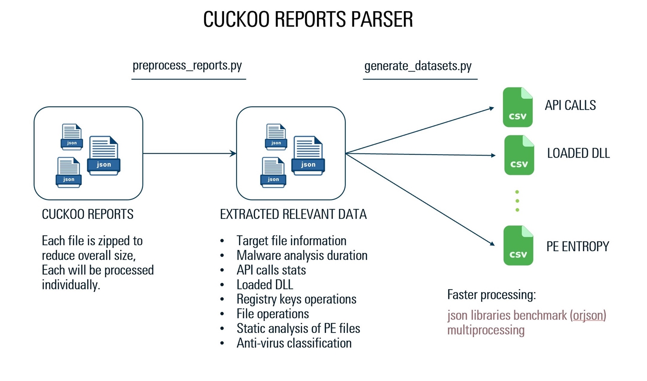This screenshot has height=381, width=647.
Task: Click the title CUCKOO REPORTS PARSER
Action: [308, 20]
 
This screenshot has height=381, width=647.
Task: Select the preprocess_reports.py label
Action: [187, 66]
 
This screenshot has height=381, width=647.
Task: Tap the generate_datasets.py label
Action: [418, 66]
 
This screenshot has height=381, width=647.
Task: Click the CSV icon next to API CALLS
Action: [518, 107]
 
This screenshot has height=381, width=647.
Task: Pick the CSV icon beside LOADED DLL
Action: [519, 155]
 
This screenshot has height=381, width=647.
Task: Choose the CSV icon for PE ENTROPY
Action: [518, 245]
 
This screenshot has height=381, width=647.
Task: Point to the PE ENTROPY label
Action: [577, 247]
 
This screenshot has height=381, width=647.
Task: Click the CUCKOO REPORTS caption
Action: [88, 215]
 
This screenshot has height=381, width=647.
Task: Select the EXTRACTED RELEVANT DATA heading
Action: [293, 215]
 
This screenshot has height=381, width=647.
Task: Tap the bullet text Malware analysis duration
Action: [302, 255]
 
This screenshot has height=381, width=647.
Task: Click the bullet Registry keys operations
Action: [296, 299]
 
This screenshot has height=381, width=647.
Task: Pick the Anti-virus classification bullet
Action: [294, 343]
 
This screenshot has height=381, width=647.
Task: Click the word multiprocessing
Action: [486, 331]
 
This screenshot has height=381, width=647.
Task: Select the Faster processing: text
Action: [491, 296]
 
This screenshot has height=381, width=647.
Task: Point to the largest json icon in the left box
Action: [104, 156]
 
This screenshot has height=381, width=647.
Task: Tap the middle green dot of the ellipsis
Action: [517, 201]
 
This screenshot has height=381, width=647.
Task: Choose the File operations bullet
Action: [273, 314]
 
